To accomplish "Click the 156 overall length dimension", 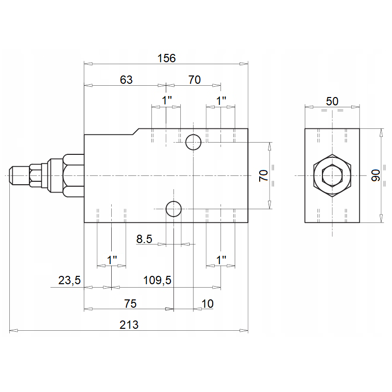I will [166, 58].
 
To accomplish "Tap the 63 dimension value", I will [126, 79].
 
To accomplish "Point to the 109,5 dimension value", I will [157, 280].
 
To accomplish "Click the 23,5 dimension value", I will [69, 280].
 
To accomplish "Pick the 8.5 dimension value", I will [145, 239].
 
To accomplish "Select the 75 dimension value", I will [129, 304].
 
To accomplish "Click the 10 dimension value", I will [208, 304].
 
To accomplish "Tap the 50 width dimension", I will [332, 101].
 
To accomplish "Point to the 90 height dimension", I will [376, 175].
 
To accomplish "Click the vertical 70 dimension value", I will [264, 175].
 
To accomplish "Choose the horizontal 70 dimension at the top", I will [195, 79].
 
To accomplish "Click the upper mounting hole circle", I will [193, 142].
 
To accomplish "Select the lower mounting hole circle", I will [173, 209].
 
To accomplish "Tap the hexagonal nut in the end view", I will [332, 175].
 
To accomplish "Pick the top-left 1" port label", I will [167, 100].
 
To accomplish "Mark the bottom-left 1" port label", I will [112, 260].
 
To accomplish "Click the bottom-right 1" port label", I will [221, 260].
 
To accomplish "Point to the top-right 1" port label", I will [221, 100].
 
